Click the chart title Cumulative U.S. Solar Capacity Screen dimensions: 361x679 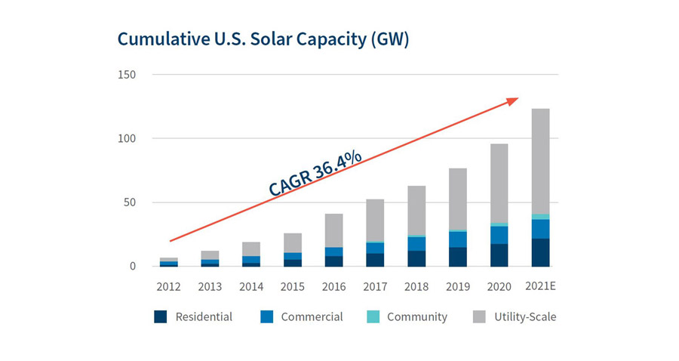(x=263, y=39)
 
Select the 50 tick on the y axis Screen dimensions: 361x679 (x=129, y=202)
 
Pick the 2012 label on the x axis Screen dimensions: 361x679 (x=169, y=286)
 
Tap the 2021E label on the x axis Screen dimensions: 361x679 (x=540, y=286)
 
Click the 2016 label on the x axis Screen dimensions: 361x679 (x=334, y=286)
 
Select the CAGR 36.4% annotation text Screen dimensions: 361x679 (x=315, y=174)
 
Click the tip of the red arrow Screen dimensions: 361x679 (x=518, y=97)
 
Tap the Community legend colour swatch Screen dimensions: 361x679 (x=373, y=317)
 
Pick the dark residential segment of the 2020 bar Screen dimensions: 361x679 (x=499, y=255)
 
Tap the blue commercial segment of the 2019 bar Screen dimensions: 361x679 (x=458, y=239)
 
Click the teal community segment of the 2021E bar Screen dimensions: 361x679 (x=540, y=217)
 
